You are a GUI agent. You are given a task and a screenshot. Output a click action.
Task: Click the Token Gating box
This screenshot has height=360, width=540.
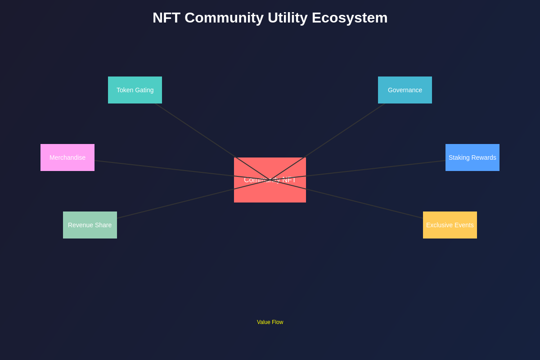point(135,90)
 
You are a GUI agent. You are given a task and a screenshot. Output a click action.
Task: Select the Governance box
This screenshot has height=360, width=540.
point(405,90)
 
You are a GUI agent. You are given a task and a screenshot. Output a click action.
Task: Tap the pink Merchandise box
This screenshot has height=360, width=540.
point(67,157)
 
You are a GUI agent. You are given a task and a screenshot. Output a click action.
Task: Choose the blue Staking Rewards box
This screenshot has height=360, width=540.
point(472,157)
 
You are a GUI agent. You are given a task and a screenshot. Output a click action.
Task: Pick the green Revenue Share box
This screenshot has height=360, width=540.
point(90,225)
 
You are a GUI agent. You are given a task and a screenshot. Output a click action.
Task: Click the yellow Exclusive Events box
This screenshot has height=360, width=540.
point(450,225)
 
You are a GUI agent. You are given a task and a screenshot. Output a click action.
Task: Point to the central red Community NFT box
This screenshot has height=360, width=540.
point(270,191)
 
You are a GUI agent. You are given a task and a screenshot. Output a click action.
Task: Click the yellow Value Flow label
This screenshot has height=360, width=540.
point(270,322)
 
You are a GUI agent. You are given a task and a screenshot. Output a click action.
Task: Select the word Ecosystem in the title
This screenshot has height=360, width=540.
point(350,18)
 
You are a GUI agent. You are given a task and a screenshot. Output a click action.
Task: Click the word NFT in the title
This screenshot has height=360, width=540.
point(166,18)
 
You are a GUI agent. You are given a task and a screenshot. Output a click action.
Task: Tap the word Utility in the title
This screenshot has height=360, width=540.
point(288,18)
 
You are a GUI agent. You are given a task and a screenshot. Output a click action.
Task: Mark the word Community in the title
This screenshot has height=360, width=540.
point(224,18)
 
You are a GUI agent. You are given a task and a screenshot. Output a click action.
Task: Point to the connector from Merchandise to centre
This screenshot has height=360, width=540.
point(162,168)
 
